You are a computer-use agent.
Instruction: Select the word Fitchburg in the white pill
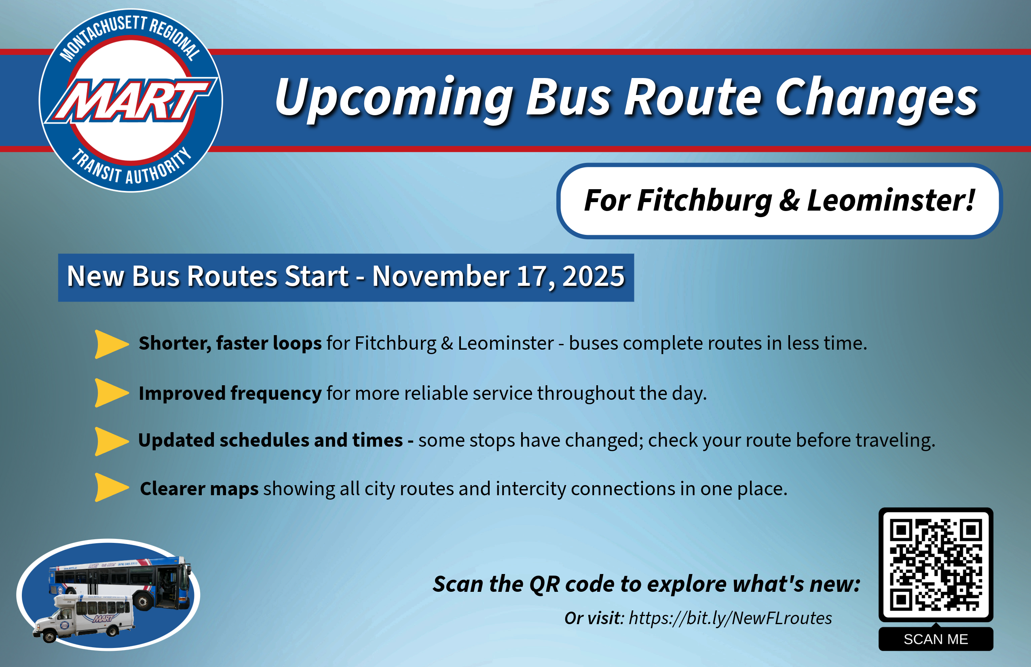(x=704, y=201)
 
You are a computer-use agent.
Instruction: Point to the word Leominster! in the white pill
(x=891, y=201)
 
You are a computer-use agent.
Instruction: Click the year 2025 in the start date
(x=593, y=277)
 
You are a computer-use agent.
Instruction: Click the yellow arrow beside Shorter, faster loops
(x=111, y=344)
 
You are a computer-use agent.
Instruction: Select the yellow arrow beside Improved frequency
(x=111, y=393)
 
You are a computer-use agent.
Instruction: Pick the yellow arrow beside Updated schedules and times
(x=111, y=441)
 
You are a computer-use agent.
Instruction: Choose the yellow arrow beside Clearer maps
(x=111, y=487)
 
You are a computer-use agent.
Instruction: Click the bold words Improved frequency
(x=230, y=393)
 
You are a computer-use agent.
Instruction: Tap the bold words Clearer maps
(x=199, y=489)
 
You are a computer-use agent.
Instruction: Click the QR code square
(x=936, y=564)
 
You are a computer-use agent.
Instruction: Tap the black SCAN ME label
(x=936, y=639)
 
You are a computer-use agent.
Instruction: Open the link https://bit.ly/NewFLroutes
(x=730, y=618)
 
